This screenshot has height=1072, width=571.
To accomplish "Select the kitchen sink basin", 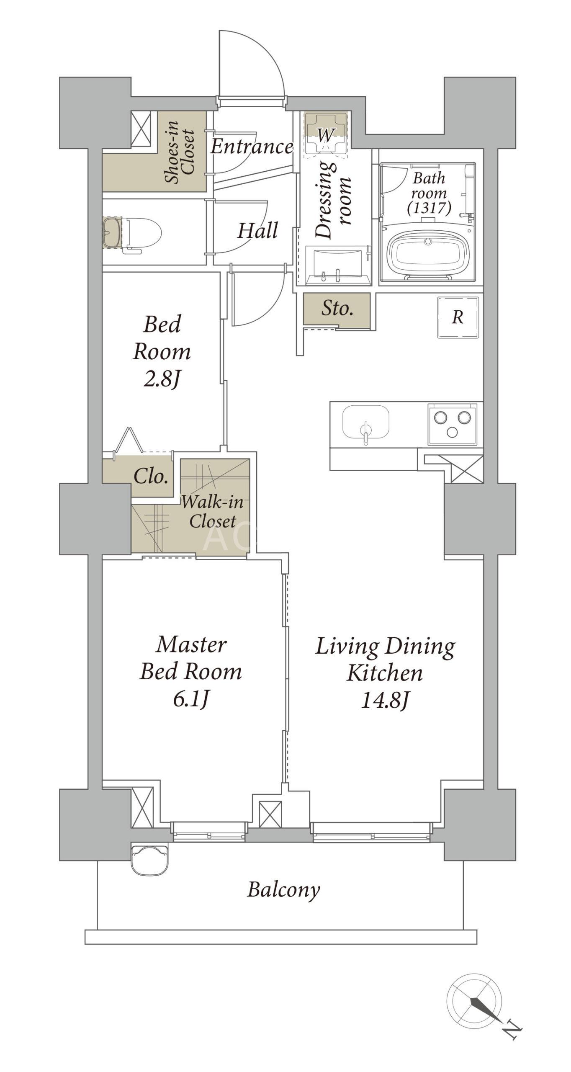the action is [365, 421].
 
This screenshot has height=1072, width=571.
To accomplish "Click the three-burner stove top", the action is [452, 424].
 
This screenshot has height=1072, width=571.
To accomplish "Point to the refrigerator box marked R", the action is [458, 317].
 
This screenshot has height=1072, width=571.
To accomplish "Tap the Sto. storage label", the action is [337, 309].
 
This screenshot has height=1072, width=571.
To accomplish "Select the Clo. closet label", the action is [151, 476].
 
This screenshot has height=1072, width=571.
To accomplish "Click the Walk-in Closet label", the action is [212, 511].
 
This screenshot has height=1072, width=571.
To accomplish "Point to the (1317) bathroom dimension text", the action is [429, 208].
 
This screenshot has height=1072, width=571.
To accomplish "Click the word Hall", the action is [257, 230].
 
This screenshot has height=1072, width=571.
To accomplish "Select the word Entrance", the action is [252, 146].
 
